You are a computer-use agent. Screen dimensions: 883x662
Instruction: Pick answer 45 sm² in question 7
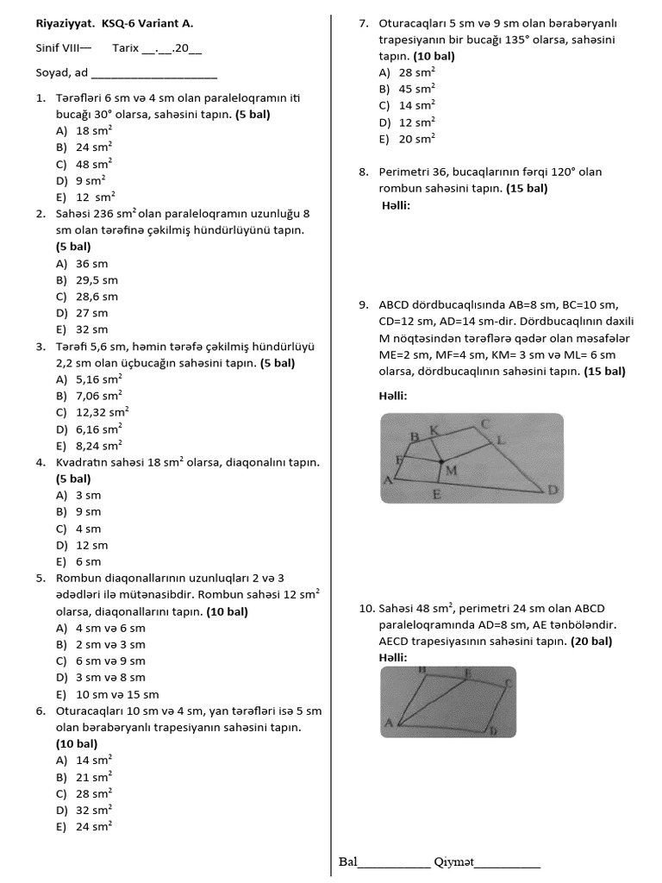click(x=417, y=89)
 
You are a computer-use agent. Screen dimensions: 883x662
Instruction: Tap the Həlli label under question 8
click(x=396, y=205)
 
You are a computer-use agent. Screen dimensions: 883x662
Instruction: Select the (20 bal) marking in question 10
click(x=591, y=642)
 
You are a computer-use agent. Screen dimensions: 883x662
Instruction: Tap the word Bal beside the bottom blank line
click(x=348, y=861)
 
